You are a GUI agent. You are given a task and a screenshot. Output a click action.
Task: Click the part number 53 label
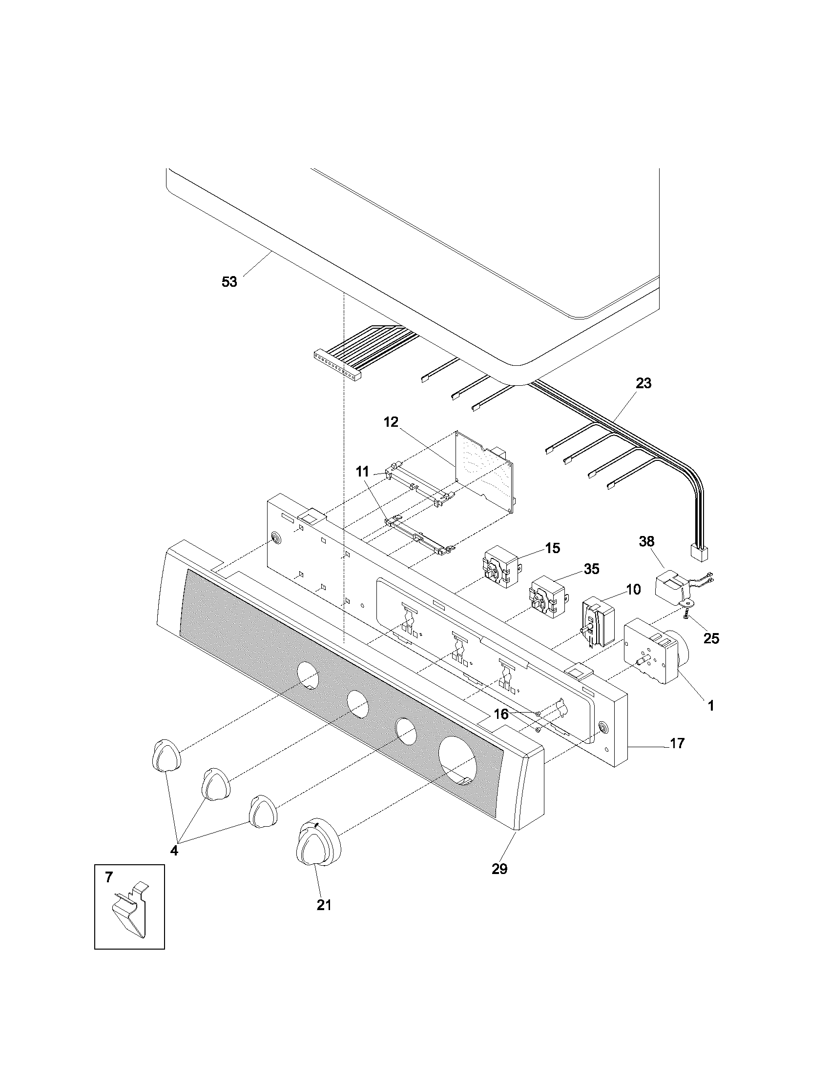coord(229,282)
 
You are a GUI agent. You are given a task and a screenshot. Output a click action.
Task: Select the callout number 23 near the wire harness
coord(643,383)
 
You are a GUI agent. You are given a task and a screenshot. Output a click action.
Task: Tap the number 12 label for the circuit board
coord(391,422)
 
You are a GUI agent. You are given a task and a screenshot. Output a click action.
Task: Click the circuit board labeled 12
coord(484,472)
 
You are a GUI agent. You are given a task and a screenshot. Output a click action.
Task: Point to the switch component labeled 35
coord(547,596)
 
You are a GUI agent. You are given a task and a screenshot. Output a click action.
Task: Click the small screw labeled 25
coord(685,613)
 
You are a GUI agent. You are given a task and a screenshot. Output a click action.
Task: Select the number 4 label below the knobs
coord(174,851)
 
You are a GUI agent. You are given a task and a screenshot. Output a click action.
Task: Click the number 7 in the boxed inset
coord(109,877)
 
